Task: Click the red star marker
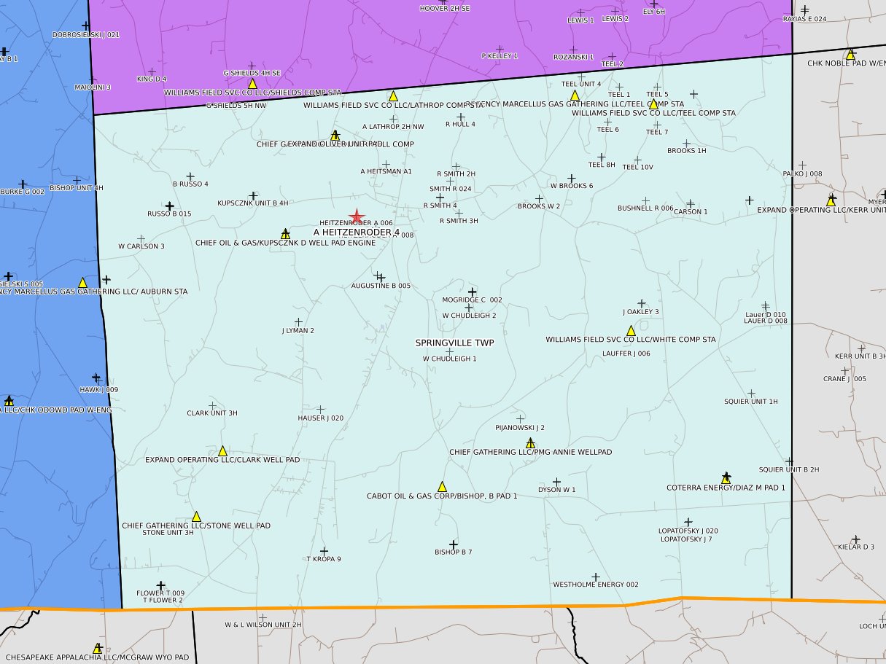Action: point(357,216)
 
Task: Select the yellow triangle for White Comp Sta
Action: point(631,331)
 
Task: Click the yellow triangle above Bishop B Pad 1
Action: point(442,487)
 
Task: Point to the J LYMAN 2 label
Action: point(298,331)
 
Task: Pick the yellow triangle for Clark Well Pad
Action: point(222,451)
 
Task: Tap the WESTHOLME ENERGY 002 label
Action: point(595,585)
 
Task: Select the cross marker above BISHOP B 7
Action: point(453,544)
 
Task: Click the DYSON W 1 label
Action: point(556,490)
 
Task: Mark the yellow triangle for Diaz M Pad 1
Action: point(726,479)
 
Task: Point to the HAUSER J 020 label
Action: point(320,418)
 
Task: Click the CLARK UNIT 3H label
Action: point(212,413)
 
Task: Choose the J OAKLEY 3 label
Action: point(641,312)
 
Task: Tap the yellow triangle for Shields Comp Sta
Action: point(252,85)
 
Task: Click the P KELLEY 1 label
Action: point(500,56)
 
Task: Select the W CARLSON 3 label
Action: point(141,246)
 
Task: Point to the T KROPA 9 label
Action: point(324,559)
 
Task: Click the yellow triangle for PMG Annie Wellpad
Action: point(530,443)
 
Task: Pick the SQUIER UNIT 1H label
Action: point(750,402)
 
